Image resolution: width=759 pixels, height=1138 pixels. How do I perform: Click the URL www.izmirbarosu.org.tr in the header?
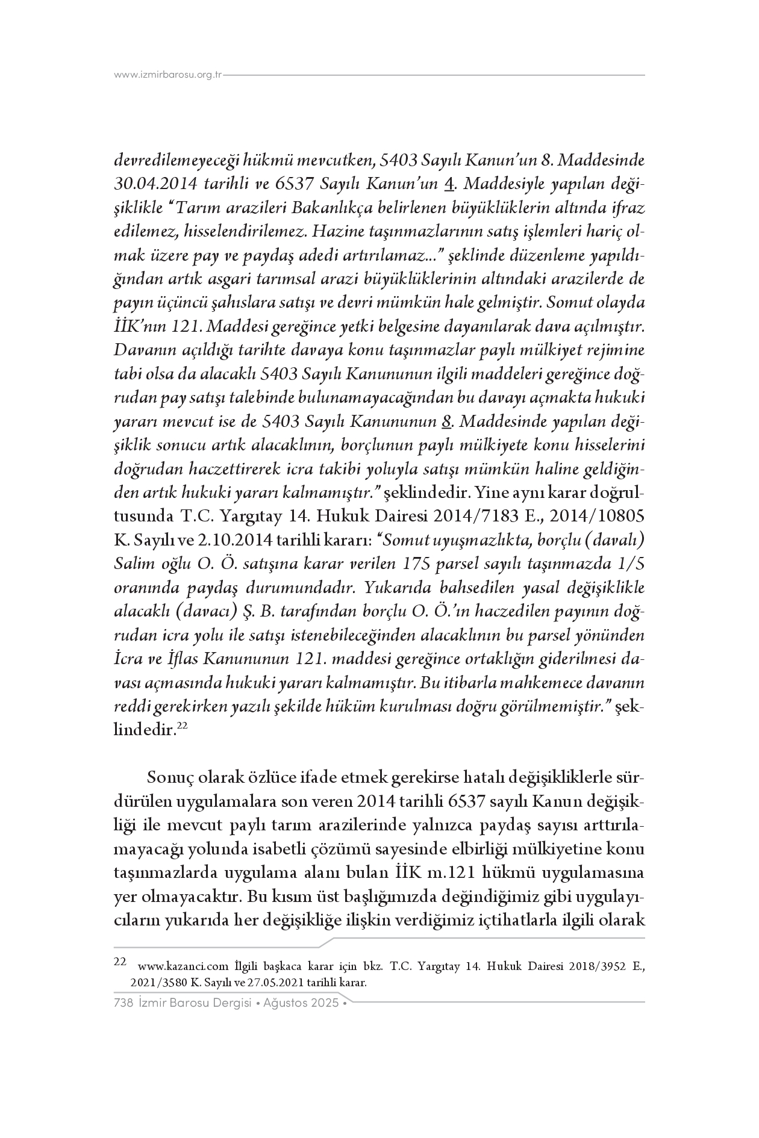(x=168, y=75)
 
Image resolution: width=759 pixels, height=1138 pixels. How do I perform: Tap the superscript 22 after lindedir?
(x=184, y=727)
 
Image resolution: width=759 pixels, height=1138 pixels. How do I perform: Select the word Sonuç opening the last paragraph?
(x=167, y=778)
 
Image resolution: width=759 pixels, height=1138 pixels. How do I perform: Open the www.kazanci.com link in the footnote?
(x=183, y=967)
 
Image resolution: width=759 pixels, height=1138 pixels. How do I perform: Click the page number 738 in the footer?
(x=123, y=1004)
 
